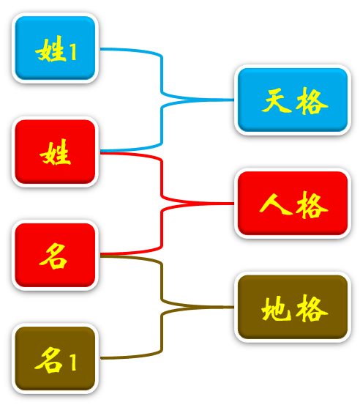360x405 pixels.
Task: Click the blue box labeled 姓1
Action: tap(55, 48)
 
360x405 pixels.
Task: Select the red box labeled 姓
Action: tap(55, 152)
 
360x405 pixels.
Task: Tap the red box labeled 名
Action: tap(55, 255)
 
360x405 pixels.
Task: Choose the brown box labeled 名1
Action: tap(55, 359)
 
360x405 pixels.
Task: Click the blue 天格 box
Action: tap(293, 100)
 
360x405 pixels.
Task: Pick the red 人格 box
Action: tap(293, 204)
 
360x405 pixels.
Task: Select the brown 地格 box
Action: tap(293, 307)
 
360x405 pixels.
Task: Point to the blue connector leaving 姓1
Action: tap(162, 75)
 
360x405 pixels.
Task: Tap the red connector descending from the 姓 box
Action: tap(162, 179)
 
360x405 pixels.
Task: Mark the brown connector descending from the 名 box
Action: tap(162, 282)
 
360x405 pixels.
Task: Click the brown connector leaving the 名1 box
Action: tap(162, 333)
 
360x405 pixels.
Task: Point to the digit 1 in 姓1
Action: tap(73, 51)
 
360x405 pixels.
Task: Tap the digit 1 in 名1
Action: tap(73, 362)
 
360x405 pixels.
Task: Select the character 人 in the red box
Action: tap(276, 204)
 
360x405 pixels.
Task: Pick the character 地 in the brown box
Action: tap(276, 308)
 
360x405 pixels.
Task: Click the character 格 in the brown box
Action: tap(312, 308)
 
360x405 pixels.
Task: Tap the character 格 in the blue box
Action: tap(312, 101)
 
